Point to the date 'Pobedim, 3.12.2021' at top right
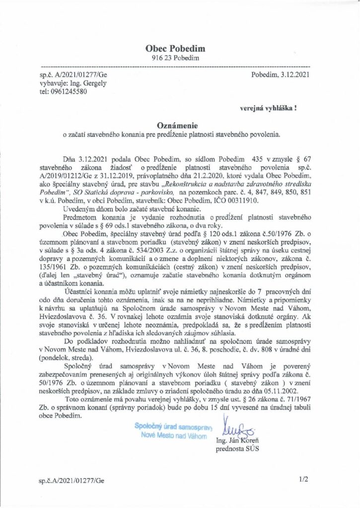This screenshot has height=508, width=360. [281, 75]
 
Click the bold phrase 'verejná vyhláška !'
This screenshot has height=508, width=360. [269, 107]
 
